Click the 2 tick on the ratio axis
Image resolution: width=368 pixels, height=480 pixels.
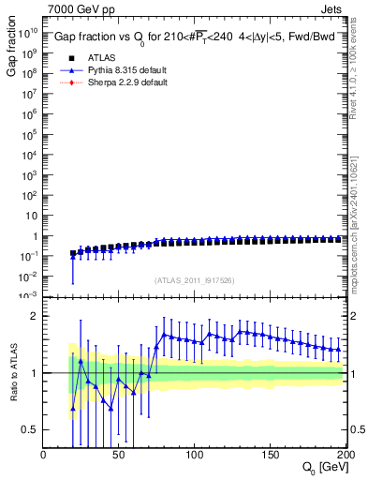point(34,316)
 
